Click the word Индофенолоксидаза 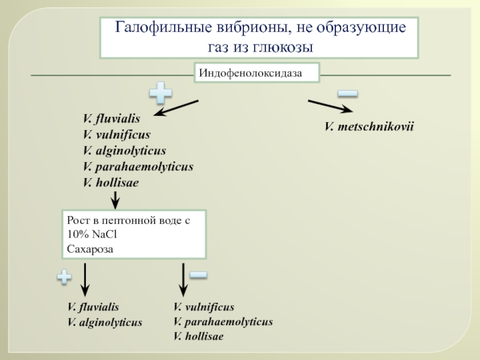point(250,73)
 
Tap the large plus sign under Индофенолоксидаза point(161,93)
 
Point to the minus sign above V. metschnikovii point(347,94)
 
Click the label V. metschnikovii point(369,127)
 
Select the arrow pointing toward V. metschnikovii point(331,106)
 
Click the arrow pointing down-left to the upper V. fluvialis point(176,108)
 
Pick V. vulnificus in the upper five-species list point(116,134)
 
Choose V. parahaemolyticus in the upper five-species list point(138,167)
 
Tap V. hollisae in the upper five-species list point(111,183)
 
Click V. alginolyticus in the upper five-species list point(124,151)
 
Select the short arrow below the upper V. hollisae point(115,200)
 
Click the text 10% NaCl point(92,235)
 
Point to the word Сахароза point(90,249)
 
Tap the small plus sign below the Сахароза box point(64,277)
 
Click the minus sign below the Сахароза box point(199,275)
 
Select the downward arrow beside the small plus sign point(85,280)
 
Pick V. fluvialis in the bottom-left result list point(93,307)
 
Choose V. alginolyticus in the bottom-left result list point(104,322)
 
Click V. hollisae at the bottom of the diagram point(199,337)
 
